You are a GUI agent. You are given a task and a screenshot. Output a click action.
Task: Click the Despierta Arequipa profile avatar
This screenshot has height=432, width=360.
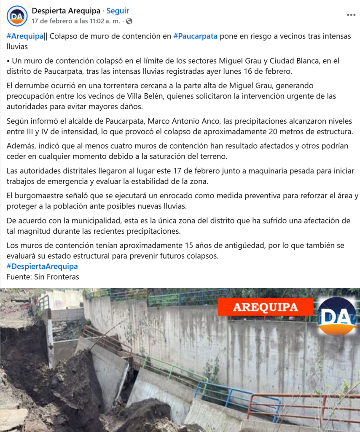coord(17,16)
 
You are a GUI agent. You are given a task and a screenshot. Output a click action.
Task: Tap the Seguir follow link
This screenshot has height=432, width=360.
coord(118,11)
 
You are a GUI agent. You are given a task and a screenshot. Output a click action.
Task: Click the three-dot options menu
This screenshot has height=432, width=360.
coord(351,15)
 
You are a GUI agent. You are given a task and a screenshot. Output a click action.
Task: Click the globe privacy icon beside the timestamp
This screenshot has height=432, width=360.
coord(129,21)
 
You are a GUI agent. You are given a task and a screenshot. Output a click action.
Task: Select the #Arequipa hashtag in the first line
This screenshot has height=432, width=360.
coord(25,36)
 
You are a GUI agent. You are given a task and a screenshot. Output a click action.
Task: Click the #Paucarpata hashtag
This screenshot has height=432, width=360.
coord(195,36)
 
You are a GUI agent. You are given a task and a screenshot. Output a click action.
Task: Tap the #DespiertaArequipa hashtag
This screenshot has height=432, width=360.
coord(42,267)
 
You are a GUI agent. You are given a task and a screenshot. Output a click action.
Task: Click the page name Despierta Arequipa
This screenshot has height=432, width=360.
coord(66,11)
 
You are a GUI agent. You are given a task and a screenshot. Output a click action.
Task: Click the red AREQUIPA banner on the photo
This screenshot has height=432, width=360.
coord(266,307)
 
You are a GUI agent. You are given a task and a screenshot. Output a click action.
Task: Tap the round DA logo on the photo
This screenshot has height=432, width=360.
coord(337,316)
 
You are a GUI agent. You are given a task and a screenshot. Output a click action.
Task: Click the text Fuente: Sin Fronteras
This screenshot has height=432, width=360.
coord(43,277)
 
